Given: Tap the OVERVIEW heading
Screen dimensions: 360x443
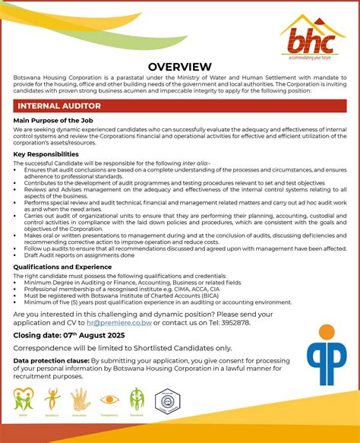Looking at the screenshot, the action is coord(179,67).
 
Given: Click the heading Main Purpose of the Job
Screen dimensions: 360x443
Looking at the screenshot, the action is coord(52,121).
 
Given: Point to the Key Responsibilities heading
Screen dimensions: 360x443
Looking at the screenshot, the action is coord(46,154).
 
